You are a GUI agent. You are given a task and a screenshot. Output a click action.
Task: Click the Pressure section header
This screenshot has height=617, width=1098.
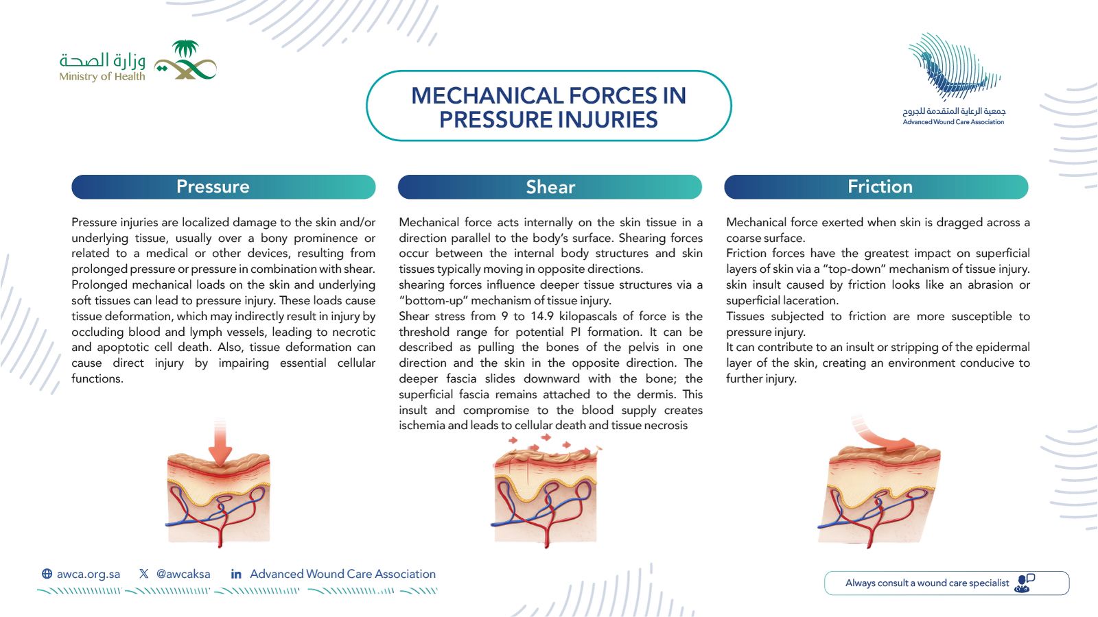pyautogui.click(x=224, y=186)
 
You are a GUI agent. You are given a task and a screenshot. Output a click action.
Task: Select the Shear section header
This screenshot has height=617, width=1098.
pyautogui.click(x=550, y=186)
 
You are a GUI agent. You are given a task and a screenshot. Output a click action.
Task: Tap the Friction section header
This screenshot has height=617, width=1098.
pyautogui.click(x=876, y=186)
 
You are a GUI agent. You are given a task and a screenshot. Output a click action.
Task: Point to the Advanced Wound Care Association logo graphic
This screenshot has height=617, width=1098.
pyautogui.click(x=954, y=66)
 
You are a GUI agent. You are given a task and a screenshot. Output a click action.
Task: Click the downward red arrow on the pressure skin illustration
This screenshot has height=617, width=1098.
pyautogui.click(x=220, y=443)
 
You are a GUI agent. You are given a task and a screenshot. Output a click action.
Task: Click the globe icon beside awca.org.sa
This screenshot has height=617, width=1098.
pyautogui.click(x=47, y=574)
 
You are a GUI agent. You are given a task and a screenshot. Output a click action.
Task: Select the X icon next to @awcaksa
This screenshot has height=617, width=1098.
pyautogui.click(x=143, y=574)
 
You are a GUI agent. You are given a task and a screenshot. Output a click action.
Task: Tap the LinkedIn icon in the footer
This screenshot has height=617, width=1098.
pyautogui.click(x=236, y=574)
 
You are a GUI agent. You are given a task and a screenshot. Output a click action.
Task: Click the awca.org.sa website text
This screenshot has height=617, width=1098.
pyautogui.click(x=89, y=574)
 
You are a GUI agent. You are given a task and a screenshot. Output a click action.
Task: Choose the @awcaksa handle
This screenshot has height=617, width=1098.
pyautogui.click(x=183, y=574)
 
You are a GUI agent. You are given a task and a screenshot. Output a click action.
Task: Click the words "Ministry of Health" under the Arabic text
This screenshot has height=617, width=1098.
pyautogui.click(x=102, y=76)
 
